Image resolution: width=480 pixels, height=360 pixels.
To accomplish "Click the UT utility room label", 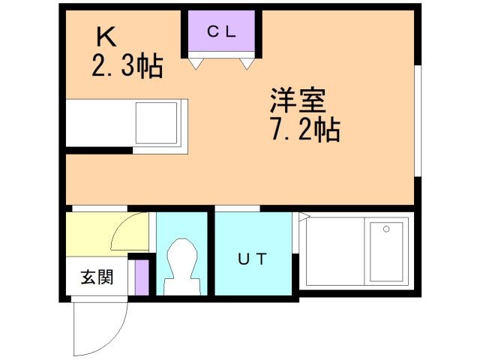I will click(252, 259).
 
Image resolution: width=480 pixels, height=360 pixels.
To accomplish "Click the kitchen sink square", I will click(157, 122).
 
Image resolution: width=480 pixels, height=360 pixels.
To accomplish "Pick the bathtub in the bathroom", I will click(386, 251).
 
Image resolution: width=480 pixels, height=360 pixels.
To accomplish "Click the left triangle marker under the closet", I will click(196, 65).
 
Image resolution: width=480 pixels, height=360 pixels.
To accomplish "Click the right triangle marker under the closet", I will click(246, 65).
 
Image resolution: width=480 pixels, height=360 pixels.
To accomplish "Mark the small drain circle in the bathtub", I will click(386, 229).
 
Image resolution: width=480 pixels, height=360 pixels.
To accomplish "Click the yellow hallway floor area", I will click(86, 234).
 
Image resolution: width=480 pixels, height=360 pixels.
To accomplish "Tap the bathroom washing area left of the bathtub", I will click(334, 251).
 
